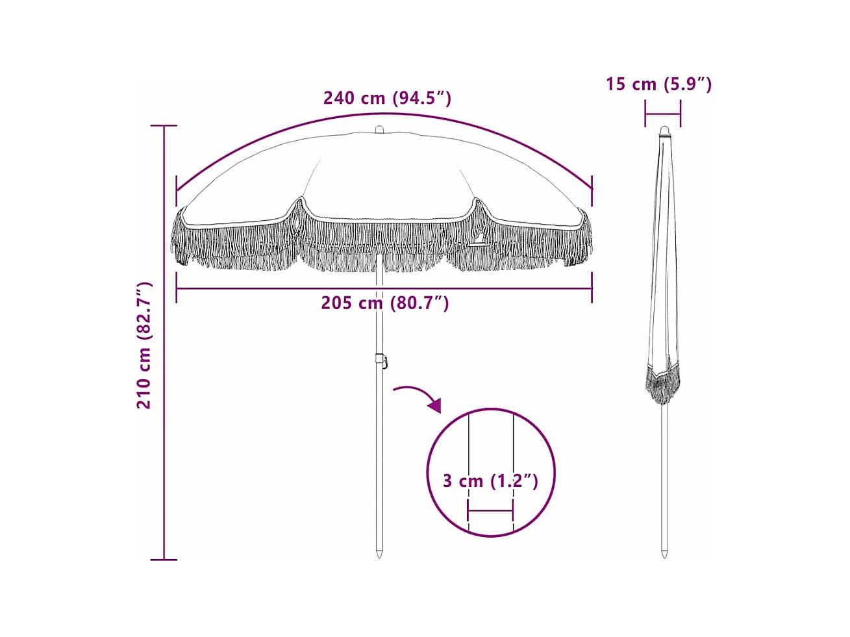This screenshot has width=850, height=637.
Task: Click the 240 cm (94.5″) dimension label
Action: click(387, 98)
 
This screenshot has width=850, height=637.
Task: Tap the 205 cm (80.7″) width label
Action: click(384, 303)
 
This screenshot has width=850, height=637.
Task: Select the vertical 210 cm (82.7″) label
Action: click(144, 345)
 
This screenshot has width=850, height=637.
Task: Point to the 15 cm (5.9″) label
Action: click(658, 84)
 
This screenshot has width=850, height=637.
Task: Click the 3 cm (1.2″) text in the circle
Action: click(490, 481)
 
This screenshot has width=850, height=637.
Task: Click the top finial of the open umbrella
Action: click(379, 129)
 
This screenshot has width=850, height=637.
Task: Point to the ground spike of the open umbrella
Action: click(379, 551)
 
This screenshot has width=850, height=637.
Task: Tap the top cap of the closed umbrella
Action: click(664, 131)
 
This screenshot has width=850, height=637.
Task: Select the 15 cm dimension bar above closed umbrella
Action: click(662, 116)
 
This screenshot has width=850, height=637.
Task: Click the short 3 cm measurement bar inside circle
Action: click(490, 511)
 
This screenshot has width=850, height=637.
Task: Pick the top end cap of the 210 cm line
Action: click(164, 125)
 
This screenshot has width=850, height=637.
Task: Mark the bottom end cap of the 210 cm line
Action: click(164, 559)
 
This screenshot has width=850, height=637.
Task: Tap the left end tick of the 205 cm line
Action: click(177, 288)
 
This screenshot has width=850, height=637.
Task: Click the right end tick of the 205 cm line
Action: click(592, 288)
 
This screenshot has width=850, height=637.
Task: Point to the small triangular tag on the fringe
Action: click(479, 241)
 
